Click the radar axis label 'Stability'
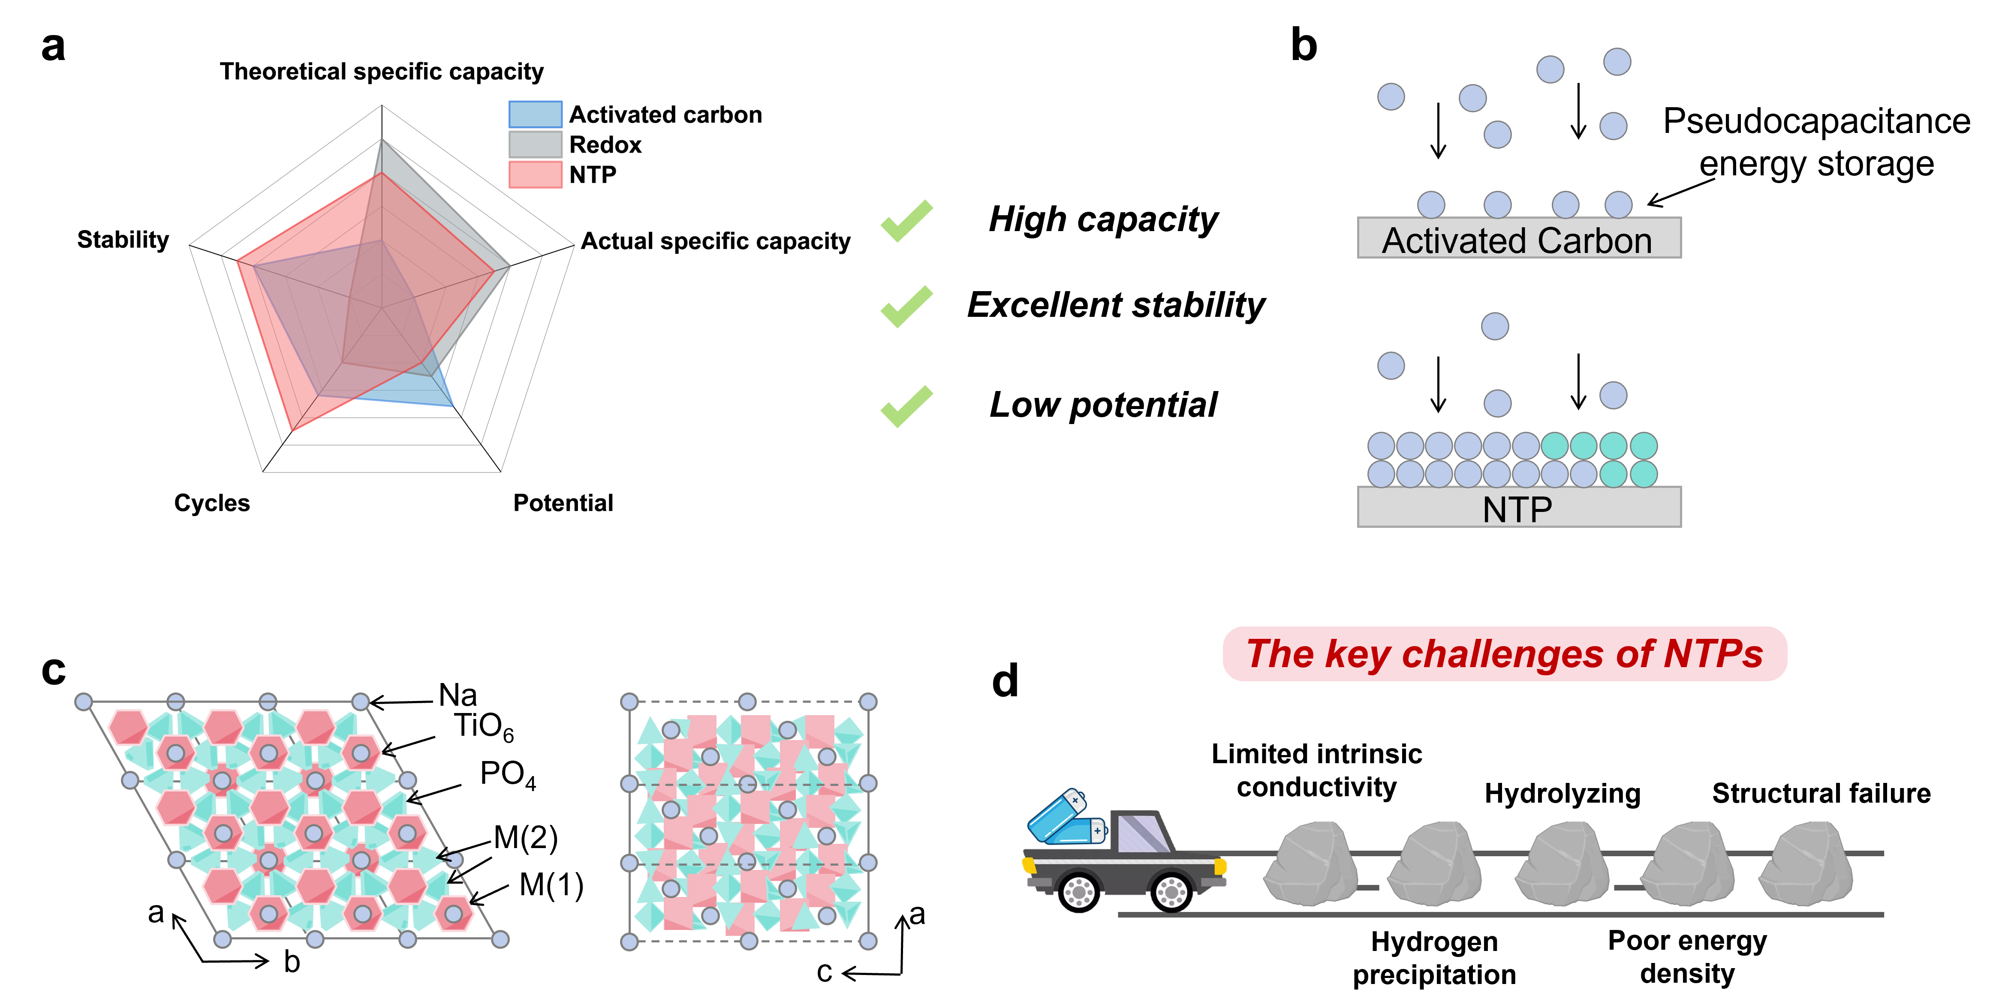(123, 240)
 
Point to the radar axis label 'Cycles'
(212, 503)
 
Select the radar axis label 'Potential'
(563, 503)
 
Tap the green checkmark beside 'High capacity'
(907, 220)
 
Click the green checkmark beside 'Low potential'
(907, 406)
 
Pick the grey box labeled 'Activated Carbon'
(1519, 238)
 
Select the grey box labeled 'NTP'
(1519, 508)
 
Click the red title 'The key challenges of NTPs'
(1504, 654)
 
